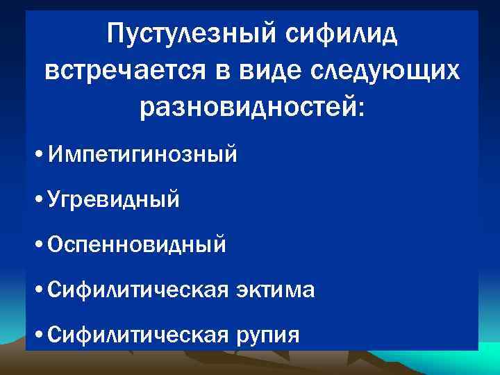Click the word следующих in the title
point(391,70)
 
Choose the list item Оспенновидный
point(137,244)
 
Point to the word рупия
point(267,335)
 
